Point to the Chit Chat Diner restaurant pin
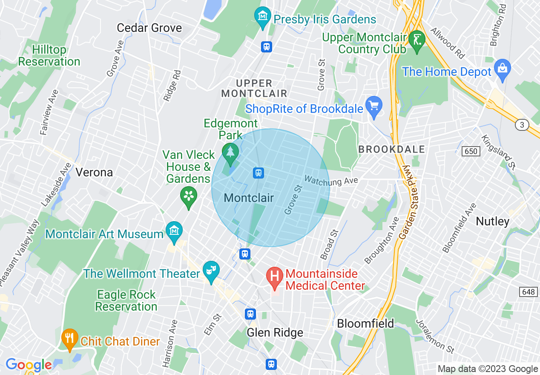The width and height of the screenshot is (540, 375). click(70, 338)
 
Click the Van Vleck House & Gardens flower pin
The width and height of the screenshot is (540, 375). click(188, 196)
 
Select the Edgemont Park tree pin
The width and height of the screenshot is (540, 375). click(230, 152)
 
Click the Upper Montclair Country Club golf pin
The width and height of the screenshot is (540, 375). click(416, 39)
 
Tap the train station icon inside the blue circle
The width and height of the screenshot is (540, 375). click(258, 173)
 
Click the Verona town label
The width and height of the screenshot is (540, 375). click(94, 172)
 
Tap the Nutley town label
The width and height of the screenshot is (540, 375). click(492, 221)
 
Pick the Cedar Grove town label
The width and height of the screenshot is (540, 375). click(149, 28)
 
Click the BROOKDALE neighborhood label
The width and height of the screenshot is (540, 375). click(391, 149)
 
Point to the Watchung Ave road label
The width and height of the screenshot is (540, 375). click(331, 181)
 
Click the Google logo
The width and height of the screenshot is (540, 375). click(28, 365)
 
